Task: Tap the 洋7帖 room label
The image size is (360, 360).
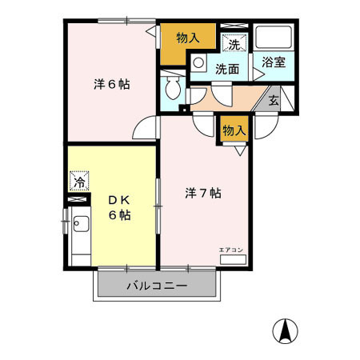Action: pyautogui.click(x=203, y=193)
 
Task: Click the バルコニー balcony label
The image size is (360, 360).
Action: pyautogui.click(x=157, y=286)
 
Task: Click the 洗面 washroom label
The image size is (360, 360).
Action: pyautogui.click(x=227, y=69)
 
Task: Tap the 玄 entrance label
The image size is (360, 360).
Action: pyautogui.click(x=274, y=101)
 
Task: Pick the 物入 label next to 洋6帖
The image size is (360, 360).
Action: pyautogui.click(x=188, y=38)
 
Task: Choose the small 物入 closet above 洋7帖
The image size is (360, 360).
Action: pyautogui.click(x=233, y=130)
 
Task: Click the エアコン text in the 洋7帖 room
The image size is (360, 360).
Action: pyautogui.click(x=231, y=250)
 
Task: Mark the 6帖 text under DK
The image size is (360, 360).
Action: pyautogui.click(x=120, y=215)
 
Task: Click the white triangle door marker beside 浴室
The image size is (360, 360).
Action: pyautogui.click(x=257, y=76)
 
